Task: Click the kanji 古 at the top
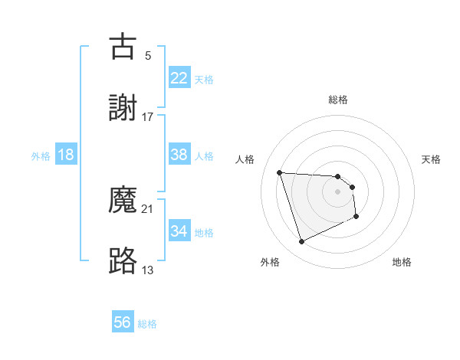pyautogui.click(x=123, y=46)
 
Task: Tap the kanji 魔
pyautogui.click(x=123, y=199)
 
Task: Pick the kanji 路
pyautogui.click(x=123, y=260)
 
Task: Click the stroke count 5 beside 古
pyautogui.click(x=148, y=55)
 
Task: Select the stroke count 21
pyautogui.click(x=148, y=208)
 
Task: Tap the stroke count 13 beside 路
pyautogui.click(x=148, y=270)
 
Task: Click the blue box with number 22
pyautogui.click(x=179, y=78)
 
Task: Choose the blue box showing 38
pyautogui.click(x=179, y=155)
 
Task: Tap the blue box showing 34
pyautogui.click(x=179, y=231)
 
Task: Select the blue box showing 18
pyautogui.click(x=66, y=155)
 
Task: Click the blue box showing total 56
pyautogui.click(x=123, y=322)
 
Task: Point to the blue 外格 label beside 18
pyautogui.click(x=41, y=155)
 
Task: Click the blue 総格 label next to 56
pyautogui.click(x=148, y=324)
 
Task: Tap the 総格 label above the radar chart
pyautogui.click(x=338, y=100)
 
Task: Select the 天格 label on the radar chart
pyautogui.click(x=431, y=159)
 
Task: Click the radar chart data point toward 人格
pyautogui.click(x=280, y=172)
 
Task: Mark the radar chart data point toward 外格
pyautogui.click(x=301, y=242)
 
